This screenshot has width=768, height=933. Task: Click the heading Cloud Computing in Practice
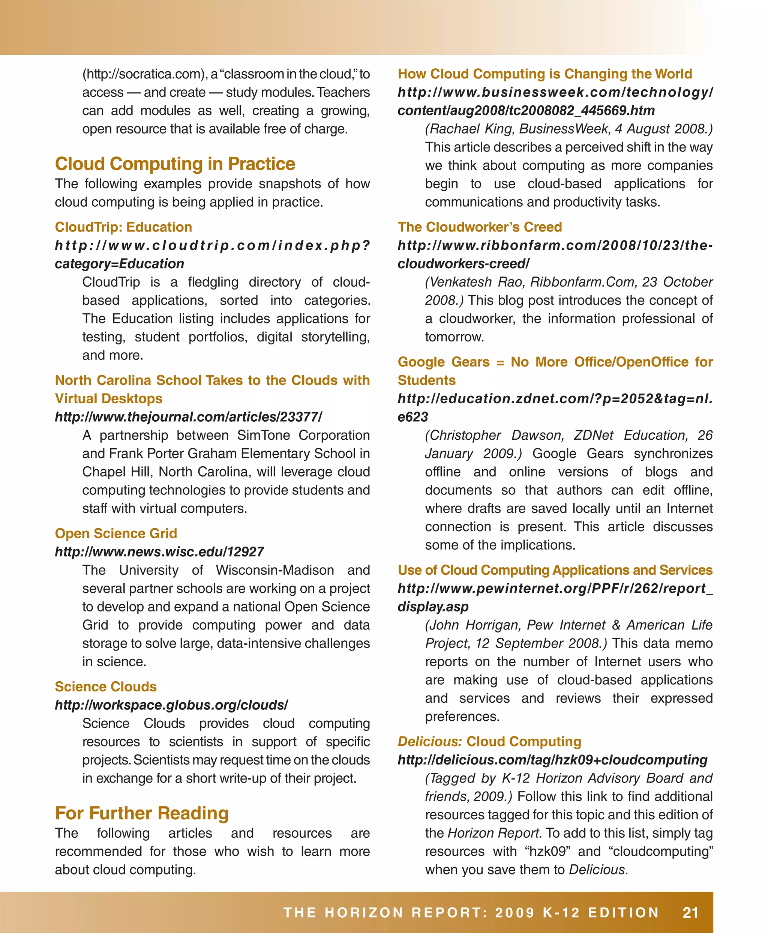[175, 164]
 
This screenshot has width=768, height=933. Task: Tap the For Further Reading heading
[142, 813]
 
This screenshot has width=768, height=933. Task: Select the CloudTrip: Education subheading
[123, 227]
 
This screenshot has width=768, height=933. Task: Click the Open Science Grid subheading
[116, 533]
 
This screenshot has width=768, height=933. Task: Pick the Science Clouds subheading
[106, 687]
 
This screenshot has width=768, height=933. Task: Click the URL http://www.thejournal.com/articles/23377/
[189, 417]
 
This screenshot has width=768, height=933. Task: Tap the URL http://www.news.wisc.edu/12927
[159, 552]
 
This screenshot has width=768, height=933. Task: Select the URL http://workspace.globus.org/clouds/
[171, 705]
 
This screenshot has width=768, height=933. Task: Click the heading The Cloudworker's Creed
[480, 227]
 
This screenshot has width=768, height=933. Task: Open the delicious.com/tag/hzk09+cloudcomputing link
[552, 760]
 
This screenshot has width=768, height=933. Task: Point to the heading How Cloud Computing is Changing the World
[544, 74]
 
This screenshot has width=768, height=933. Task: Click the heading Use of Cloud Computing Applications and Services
[555, 570]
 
